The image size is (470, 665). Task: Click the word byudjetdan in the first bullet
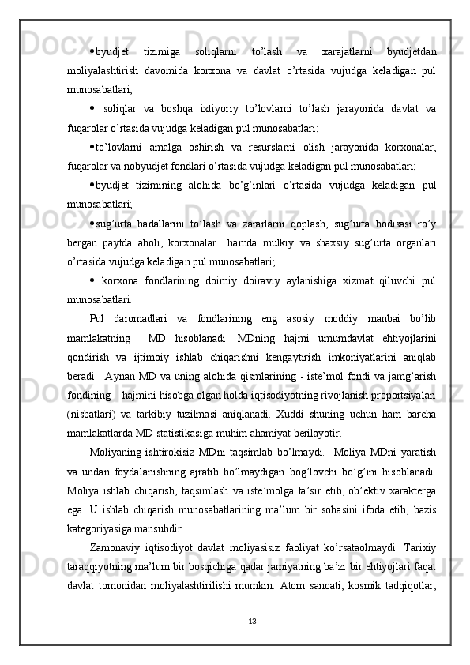(x=412, y=52)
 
